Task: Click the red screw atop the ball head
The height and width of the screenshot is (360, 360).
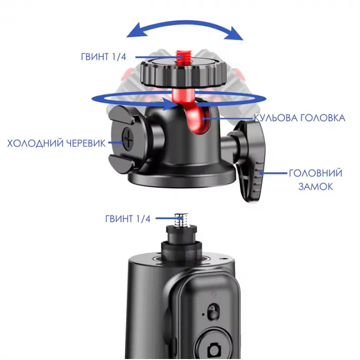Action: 182,57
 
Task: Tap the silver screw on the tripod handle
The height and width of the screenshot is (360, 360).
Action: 181,221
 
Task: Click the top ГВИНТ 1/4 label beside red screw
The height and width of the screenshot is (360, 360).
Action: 103,57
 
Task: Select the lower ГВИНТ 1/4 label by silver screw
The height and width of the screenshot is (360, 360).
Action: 128,219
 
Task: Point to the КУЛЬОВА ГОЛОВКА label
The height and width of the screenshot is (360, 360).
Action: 300,118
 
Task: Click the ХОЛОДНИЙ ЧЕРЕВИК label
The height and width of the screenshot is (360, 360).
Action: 57,143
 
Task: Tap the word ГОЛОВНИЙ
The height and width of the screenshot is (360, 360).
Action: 315,173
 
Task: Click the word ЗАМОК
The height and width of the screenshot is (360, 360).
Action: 315,186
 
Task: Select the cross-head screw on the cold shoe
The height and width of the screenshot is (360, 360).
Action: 128,139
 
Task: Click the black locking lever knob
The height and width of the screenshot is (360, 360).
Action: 250,160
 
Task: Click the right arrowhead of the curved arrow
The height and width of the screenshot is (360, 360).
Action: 235,34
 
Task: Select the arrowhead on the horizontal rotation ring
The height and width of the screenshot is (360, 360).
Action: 169,104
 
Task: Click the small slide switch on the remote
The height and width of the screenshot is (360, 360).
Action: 213,312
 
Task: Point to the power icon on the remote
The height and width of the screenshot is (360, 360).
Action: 213,293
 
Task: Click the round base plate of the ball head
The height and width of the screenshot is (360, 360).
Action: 182,178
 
